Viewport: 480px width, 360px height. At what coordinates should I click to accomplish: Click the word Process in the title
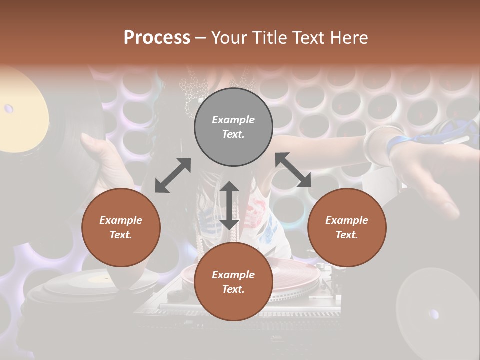point(157,38)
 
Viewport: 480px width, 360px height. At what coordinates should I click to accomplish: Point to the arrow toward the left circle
point(173,175)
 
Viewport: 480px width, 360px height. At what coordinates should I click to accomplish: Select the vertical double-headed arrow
point(229,205)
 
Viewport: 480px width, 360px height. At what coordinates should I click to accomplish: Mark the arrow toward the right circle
point(293,170)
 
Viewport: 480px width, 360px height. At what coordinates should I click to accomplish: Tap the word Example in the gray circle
point(233,120)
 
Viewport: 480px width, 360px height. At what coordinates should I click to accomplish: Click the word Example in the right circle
point(347,220)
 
